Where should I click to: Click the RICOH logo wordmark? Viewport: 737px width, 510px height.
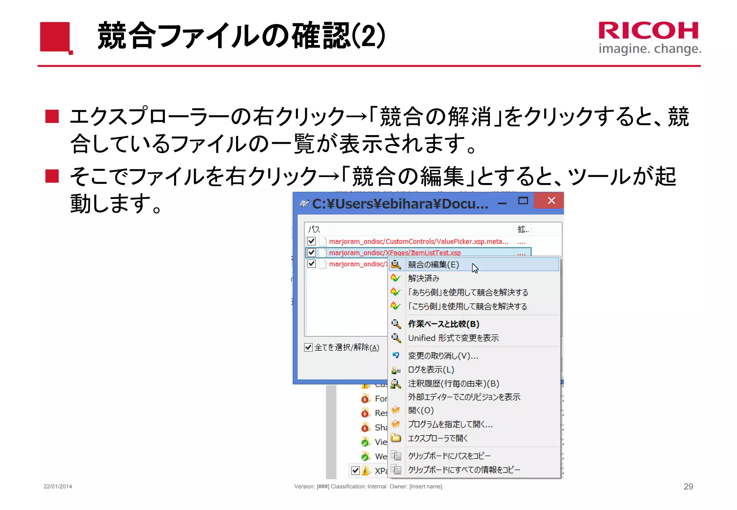tap(648, 31)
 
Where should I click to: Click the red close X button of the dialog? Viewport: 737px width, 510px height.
tap(551, 201)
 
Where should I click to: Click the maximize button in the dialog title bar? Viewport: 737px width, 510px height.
tap(523, 201)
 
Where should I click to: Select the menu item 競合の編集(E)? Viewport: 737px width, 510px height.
tap(433, 265)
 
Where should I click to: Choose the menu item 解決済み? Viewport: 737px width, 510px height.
tap(424, 278)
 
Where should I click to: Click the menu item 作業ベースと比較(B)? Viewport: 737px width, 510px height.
tap(443, 324)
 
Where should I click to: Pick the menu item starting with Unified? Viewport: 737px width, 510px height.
tap(453, 338)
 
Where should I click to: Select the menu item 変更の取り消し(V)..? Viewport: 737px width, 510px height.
tap(443, 356)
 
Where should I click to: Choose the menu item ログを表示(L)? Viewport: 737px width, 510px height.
tap(431, 370)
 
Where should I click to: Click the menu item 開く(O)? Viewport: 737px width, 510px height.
tap(421, 410)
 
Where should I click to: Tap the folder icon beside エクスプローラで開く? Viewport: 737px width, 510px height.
tap(396, 438)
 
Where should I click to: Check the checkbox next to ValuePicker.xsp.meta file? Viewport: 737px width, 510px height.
tap(312, 241)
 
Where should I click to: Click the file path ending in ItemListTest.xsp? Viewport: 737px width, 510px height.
tap(394, 253)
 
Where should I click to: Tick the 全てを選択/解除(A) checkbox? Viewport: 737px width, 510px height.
tap(308, 347)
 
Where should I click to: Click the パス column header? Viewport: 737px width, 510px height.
tap(314, 229)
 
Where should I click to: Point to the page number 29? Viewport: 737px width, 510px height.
tap(688, 487)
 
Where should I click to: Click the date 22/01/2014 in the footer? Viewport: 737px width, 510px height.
tap(58, 487)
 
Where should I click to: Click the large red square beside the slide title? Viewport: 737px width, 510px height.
tap(55, 37)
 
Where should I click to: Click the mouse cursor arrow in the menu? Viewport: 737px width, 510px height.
tap(475, 268)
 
